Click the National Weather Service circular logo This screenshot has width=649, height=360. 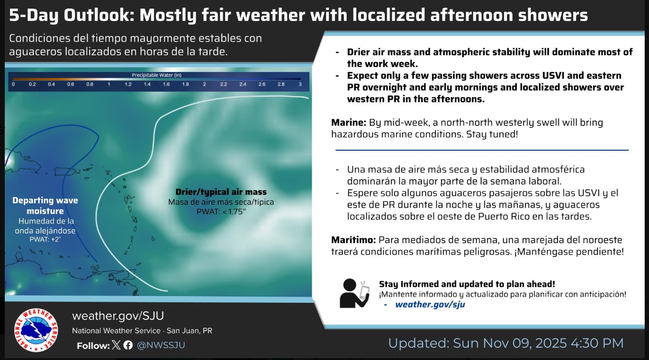point(36,330)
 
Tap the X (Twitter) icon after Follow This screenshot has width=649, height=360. point(116,345)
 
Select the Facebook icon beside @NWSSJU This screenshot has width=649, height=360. point(128,345)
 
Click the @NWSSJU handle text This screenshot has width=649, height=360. point(161,345)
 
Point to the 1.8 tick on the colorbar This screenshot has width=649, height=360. point(185,84)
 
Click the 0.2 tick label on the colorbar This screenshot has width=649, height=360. point(32,84)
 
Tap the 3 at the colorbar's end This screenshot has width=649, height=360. point(300,84)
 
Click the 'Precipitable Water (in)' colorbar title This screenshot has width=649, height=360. point(157,75)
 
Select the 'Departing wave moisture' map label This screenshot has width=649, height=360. point(45,206)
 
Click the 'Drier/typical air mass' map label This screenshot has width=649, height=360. point(221,192)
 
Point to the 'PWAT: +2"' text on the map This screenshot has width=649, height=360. point(45,239)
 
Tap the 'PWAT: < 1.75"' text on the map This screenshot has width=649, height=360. point(221,212)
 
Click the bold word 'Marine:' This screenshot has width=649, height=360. point(349,123)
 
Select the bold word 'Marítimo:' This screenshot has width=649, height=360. point(353,240)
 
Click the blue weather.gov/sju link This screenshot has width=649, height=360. point(430,304)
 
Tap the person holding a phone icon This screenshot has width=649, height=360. point(355,293)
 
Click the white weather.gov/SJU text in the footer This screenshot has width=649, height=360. point(118,316)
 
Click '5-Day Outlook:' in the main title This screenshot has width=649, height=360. point(72,15)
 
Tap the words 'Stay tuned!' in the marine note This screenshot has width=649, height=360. point(492,134)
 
